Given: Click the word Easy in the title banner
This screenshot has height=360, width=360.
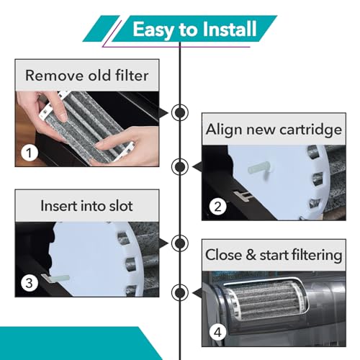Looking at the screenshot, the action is pyautogui.click(x=153, y=30).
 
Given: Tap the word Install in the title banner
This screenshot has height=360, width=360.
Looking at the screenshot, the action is pyautogui.click(x=230, y=29).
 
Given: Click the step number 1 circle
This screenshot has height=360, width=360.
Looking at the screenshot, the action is pyautogui.click(x=30, y=153).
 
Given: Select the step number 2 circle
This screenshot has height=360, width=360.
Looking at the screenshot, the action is pyautogui.click(x=217, y=207).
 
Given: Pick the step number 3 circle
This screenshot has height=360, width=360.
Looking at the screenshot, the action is pyautogui.click(x=30, y=283).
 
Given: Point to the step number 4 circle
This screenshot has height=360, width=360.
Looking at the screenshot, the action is pyautogui.click(x=217, y=333).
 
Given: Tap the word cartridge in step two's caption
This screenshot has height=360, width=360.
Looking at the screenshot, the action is pyautogui.click(x=310, y=130).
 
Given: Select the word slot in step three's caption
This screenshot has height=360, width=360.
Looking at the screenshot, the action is pyautogui.click(x=121, y=206).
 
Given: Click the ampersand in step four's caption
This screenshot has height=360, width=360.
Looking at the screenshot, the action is pyautogui.click(x=251, y=255).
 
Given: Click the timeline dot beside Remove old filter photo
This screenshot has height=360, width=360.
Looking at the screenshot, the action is pyautogui.click(x=180, y=112).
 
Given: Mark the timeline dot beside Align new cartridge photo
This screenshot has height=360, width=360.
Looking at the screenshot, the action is pyautogui.click(x=180, y=166).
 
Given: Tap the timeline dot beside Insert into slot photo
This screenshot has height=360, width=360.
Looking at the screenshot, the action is pyautogui.click(x=180, y=243).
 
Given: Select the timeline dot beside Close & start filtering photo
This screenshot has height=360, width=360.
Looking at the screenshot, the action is pyautogui.click(x=180, y=292).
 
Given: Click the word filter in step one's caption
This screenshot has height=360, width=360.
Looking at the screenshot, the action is pyautogui.click(x=132, y=76).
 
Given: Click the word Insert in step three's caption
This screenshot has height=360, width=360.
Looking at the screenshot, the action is pyautogui.click(x=58, y=206).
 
